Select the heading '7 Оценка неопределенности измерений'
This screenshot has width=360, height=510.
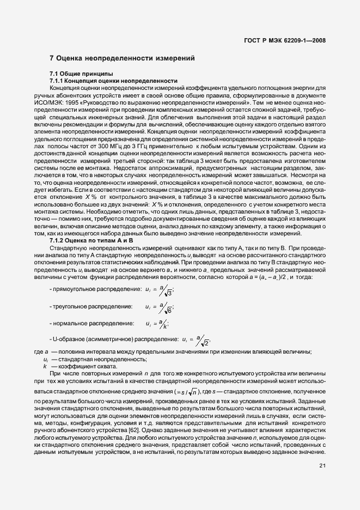click(122, 58)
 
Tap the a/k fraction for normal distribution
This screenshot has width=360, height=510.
click(163, 324)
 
